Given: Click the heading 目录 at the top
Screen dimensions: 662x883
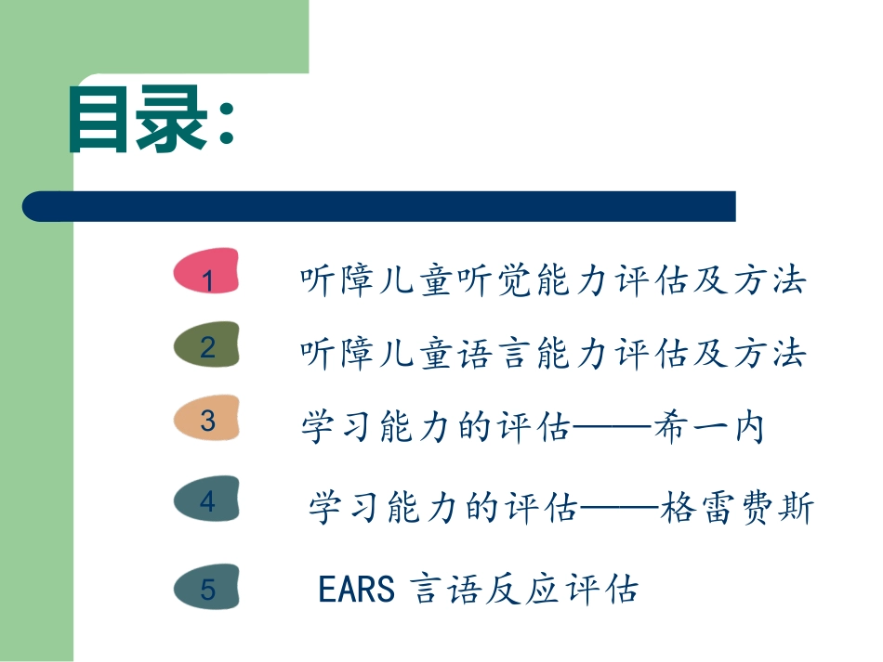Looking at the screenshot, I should [138, 121].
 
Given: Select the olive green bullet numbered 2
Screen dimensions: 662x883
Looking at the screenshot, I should [207, 347].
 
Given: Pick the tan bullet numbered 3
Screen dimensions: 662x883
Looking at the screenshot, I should [207, 421].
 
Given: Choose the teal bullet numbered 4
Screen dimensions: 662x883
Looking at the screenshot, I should [207, 501].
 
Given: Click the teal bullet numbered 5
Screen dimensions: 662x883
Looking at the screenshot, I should [207, 589].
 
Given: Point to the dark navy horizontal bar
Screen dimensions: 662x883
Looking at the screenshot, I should [379, 206].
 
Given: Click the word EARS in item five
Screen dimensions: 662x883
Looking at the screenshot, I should [357, 589].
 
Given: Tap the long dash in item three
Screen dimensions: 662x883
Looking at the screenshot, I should [610, 428].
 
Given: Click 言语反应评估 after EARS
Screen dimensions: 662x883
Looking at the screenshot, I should [525, 589].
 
